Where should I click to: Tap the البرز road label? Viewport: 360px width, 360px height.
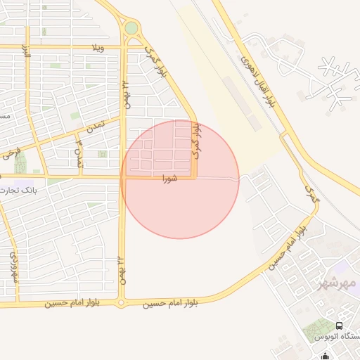click(x=27, y=53)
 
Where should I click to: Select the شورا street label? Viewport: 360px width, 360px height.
click(x=169, y=177)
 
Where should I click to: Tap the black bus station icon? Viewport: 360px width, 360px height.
click(x=340, y=326)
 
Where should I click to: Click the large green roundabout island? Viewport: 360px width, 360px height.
click(x=131, y=28)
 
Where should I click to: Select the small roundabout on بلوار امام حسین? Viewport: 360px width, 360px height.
click(x=121, y=304)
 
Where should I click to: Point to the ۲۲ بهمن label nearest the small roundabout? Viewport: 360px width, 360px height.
click(x=122, y=270)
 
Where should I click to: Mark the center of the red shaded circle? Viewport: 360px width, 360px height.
click(x=180, y=179)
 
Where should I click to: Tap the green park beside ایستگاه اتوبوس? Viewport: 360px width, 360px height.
click(x=320, y=328)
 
